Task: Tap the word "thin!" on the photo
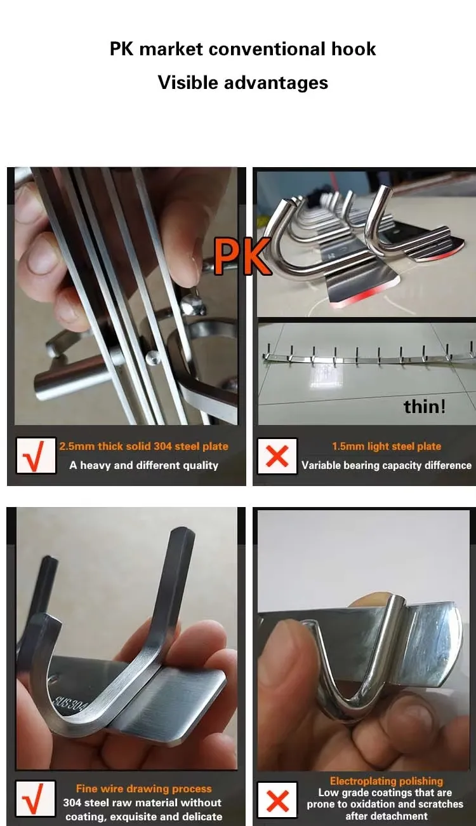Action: tap(425, 407)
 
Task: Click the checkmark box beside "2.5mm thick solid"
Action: tap(36, 456)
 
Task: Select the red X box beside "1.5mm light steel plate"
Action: tap(277, 456)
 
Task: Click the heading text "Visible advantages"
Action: tap(243, 82)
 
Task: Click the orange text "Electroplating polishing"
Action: tap(387, 781)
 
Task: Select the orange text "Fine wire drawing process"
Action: tap(143, 789)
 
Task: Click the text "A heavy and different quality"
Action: tap(143, 465)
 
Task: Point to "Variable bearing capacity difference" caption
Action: tap(387, 465)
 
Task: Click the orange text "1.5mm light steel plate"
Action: tap(387, 446)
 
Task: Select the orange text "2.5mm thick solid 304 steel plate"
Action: tap(143, 446)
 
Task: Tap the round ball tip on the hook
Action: tap(192, 304)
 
